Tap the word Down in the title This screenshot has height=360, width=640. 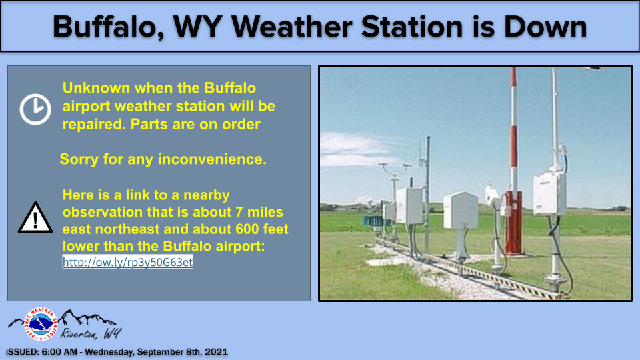(545, 27)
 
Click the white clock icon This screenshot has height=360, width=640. (35, 109)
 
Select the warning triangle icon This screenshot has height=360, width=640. (35, 217)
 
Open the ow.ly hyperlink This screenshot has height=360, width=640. (127, 262)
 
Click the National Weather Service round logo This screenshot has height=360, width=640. (40, 324)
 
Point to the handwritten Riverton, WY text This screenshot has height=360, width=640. (91, 334)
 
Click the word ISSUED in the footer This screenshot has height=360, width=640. (22, 352)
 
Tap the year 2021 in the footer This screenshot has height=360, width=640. (216, 352)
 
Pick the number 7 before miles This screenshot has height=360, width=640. (239, 212)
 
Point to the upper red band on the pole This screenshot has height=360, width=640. (513, 76)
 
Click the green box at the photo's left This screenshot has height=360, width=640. (373, 221)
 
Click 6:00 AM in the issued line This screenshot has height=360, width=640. (59, 352)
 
